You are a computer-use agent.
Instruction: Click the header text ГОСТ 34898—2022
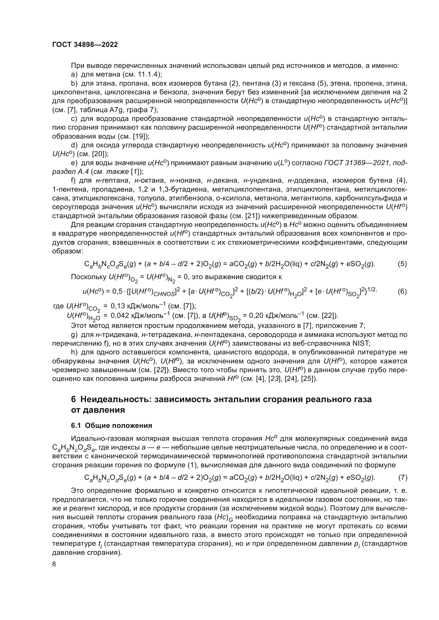(85, 45)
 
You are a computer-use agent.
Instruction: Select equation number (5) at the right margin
(402, 264)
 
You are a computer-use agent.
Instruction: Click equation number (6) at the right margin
(402, 291)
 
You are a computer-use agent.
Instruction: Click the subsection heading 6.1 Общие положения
(111, 426)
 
